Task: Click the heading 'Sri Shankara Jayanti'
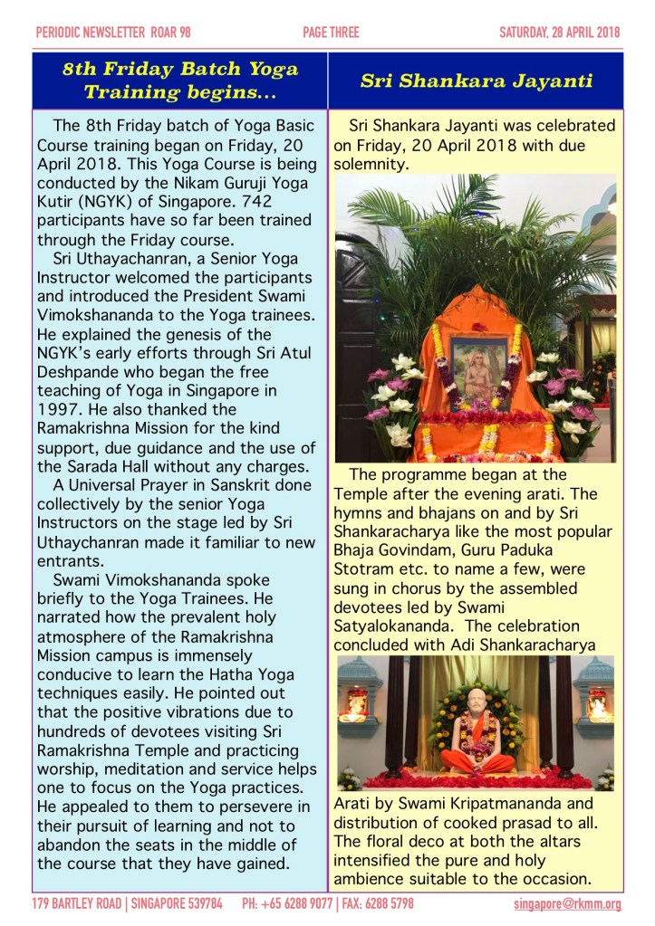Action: [476, 81]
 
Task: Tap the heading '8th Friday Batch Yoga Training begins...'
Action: [180, 81]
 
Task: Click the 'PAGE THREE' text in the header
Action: [331, 33]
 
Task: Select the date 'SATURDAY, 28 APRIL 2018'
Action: [559, 33]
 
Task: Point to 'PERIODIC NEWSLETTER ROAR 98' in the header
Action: [113, 33]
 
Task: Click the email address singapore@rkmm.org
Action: [567, 903]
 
